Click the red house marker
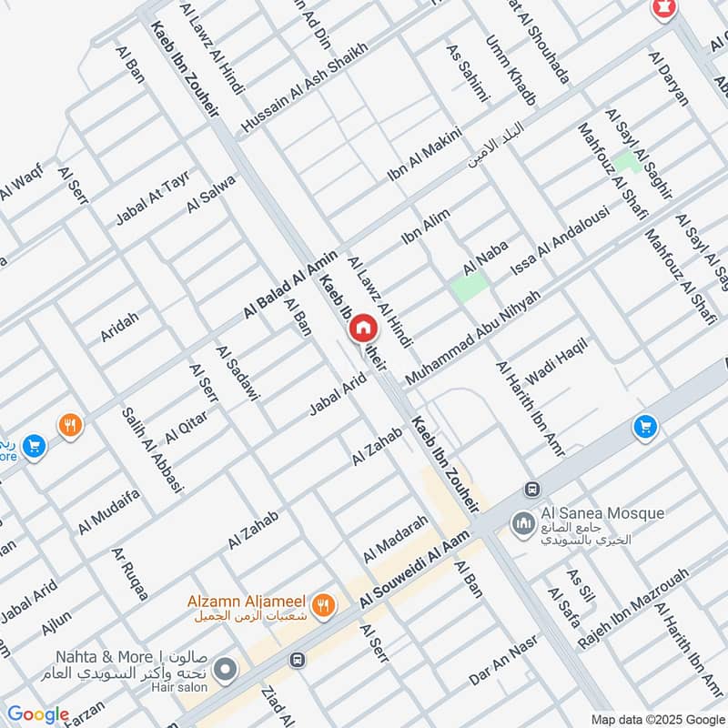pos(363,329)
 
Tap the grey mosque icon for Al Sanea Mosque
pos(523,524)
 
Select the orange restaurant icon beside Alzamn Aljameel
pos(321,603)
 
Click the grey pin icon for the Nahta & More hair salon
pos(226,671)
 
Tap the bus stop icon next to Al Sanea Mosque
pos(531,490)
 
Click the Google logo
pos(37,715)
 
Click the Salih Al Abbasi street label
pos(152,450)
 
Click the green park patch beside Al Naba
pos(469,287)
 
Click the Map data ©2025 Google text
pos(660,716)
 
